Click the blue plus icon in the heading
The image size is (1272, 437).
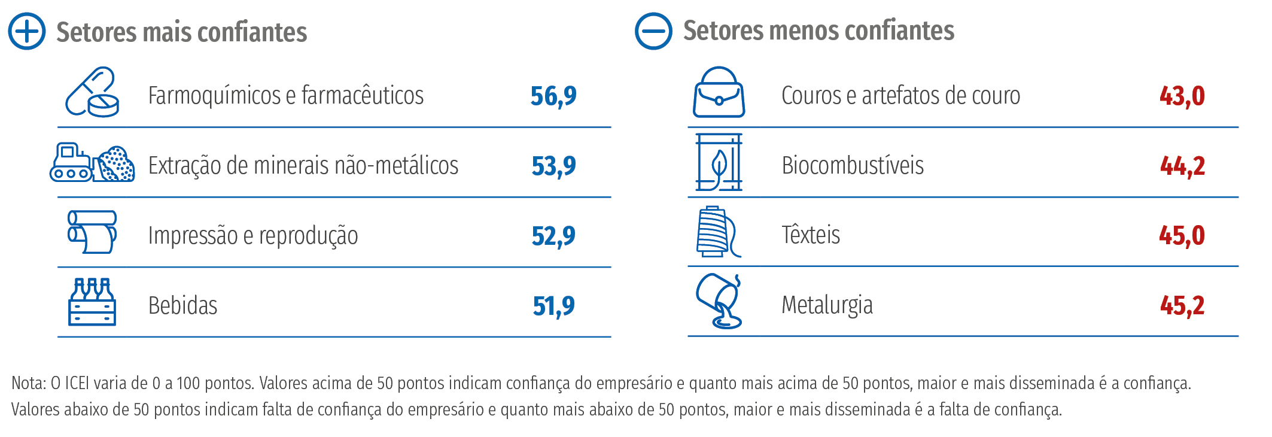[27, 31]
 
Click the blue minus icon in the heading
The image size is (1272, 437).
[653, 31]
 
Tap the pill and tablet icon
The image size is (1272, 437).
[92, 92]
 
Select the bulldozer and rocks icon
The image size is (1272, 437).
[92, 162]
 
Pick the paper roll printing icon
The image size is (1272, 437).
[92, 232]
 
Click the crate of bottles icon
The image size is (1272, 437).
[92, 302]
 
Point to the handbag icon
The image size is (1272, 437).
[719, 93]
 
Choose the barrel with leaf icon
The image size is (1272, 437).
[719, 162]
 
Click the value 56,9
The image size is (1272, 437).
[553, 96]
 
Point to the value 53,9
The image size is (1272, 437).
[553, 166]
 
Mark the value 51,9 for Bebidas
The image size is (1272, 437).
[553, 306]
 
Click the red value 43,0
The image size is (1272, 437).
[1182, 96]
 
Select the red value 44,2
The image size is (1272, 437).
[1182, 166]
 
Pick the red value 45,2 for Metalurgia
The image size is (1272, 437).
[1182, 306]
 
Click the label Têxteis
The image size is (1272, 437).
[811, 235]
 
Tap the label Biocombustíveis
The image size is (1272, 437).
[853, 165]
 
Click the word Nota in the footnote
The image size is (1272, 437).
[28, 383]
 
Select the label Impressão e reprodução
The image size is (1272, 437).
[253, 236]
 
